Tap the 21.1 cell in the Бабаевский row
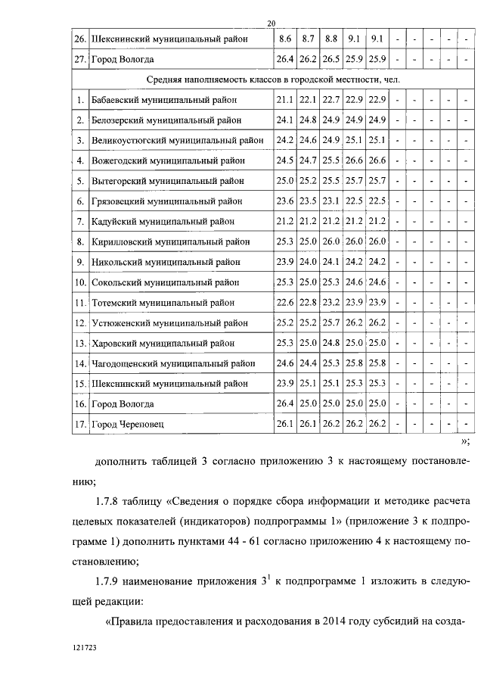[x=285, y=99]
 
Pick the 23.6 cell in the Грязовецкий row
[x=285, y=201]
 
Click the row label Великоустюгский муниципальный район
[x=177, y=140]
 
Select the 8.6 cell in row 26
[x=285, y=38]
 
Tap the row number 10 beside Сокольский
[x=79, y=282]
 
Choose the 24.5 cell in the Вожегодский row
[x=285, y=160]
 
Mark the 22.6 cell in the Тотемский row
[x=285, y=303]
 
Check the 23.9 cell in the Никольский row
[x=285, y=262]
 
